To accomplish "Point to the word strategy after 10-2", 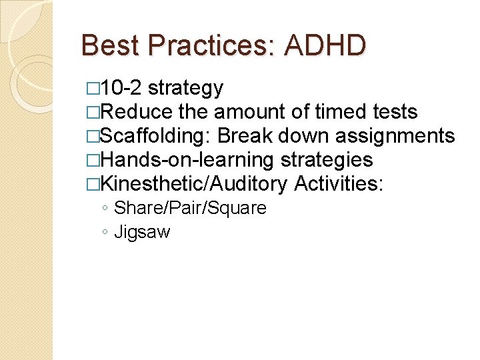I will point(185,88).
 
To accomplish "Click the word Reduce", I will point(139,112).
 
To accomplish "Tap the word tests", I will point(393,112).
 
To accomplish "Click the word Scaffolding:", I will point(155,136).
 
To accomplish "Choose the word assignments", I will point(395,136).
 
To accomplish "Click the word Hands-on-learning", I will point(187,160).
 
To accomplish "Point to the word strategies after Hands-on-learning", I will point(327,160).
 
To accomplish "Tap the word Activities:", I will point(339,183).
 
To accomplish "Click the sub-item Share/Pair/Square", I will point(190,208).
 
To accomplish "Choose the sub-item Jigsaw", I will point(142,232).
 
